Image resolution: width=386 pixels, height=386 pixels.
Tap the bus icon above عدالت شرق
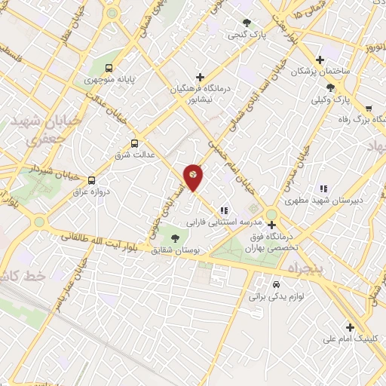coord(135,143)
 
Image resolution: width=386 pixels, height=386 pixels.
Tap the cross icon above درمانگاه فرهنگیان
coord(200,77)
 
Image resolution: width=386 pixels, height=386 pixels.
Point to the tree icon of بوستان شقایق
coord(175,238)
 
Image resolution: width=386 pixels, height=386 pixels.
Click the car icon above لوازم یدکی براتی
coord(277,285)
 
